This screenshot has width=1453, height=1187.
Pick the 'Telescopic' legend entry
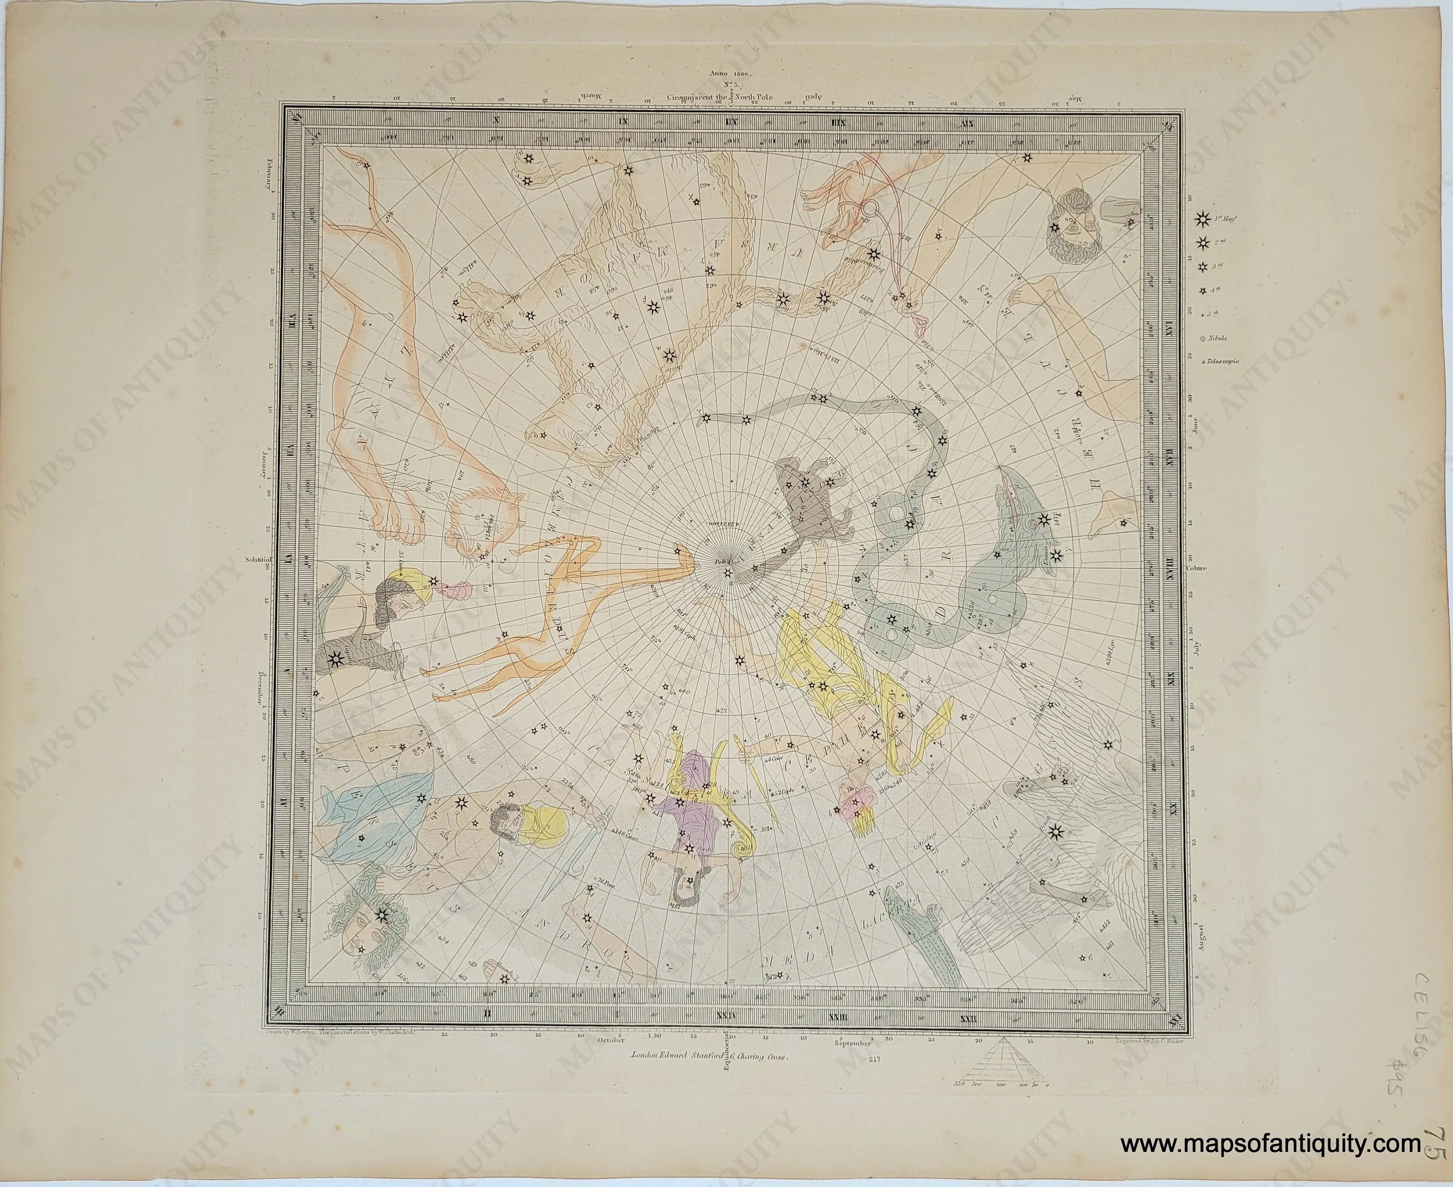click(x=1217, y=360)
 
